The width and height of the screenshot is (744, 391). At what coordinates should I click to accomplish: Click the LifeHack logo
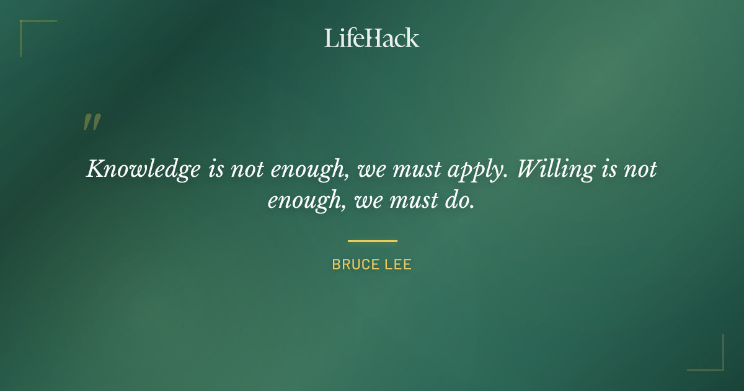point(371,38)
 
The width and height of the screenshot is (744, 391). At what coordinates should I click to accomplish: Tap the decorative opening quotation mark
point(91,122)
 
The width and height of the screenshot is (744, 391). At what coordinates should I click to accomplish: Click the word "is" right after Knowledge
point(216,169)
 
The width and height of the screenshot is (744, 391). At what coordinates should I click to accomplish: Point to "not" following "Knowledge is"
point(248,169)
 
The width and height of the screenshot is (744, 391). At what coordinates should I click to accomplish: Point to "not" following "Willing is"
point(639,169)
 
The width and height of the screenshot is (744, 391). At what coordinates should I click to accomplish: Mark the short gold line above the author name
point(372,241)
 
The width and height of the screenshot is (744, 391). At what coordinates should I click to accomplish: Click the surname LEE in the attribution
point(398,265)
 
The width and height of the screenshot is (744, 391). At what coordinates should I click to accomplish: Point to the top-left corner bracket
point(25,25)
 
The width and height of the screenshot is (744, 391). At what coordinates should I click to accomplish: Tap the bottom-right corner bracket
point(719,366)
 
